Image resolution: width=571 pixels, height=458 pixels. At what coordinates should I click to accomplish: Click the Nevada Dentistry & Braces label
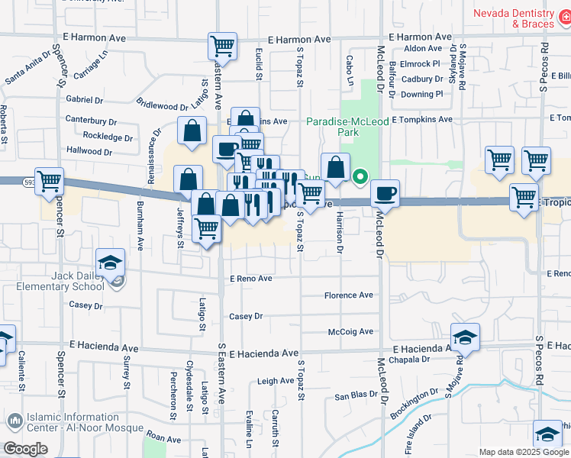(x=522, y=18)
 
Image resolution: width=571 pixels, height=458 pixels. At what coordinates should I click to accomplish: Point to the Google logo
(x=25, y=448)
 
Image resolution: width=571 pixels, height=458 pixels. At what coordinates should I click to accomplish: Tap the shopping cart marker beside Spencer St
(x=49, y=181)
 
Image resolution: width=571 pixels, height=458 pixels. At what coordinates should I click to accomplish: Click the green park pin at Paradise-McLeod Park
(x=360, y=177)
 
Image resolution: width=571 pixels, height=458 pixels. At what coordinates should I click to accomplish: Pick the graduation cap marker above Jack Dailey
(x=110, y=262)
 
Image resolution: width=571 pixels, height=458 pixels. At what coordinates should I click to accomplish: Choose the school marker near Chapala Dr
(x=464, y=336)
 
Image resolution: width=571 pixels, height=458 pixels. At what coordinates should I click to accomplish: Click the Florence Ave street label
(x=349, y=295)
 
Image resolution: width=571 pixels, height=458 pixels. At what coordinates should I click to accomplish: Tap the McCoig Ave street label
(x=350, y=331)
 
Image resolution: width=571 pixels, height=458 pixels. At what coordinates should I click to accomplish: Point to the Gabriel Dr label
(x=85, y=100)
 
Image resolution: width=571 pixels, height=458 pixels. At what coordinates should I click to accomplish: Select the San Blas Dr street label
(x=356, y=395)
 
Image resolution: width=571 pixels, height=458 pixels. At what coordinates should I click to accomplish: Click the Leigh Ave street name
(x=276, y=381)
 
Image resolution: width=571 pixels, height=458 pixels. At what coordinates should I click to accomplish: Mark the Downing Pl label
(x=422, y=95)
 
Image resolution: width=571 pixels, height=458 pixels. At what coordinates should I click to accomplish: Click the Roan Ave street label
(x=163, y=439)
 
